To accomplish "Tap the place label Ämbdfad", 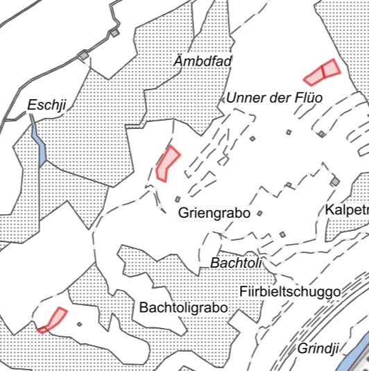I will tap(203, 62).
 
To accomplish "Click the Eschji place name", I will tap(46, 105).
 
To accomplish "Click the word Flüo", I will tap(309, 98).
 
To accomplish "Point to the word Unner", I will tap(245, 98).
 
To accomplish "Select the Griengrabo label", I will tap(214, 213).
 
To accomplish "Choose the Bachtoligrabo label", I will tap(183, 307).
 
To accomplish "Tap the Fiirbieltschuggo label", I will tap(290, 292).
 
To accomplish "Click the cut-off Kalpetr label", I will tap(346, 210).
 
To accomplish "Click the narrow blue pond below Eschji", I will tap(39, 141).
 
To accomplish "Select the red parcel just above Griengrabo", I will tap(167, 163).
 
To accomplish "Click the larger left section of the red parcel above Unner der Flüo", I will tap(315, 75).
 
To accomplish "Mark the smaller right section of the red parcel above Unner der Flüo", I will tap(331, 67).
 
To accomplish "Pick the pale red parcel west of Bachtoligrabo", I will tap(56, 318).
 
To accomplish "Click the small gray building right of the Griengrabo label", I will tap(259, 214).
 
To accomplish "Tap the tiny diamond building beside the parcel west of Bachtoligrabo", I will tap(80, 324).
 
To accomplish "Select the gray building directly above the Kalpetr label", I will tap(335, 181).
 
